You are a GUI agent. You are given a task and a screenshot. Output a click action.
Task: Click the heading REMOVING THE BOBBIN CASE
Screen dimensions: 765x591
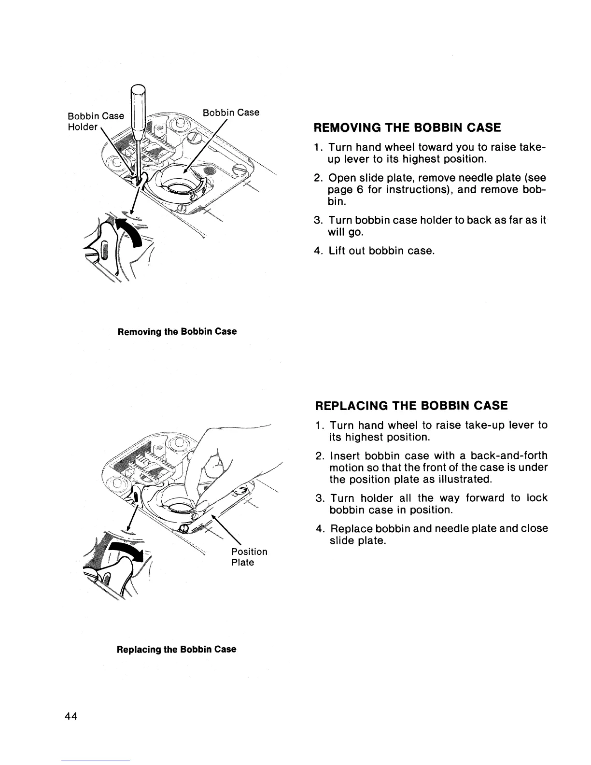pos(407,128)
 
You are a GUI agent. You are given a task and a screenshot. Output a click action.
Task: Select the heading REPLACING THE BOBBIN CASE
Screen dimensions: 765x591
pos(411,405)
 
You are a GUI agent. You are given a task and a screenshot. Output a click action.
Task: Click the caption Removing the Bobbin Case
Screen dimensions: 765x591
pos(177,332)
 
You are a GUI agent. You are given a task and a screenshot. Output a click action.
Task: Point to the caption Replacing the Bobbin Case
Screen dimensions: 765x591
pos(177,649)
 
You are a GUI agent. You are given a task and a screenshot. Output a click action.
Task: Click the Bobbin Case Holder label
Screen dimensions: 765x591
pos(96,122)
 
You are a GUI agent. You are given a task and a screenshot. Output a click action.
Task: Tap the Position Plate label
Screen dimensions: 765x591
pos(249,557)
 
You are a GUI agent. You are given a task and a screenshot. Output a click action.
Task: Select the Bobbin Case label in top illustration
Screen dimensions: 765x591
pos(231,113)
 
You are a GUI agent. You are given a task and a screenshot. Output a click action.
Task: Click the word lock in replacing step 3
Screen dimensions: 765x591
pos(537,498)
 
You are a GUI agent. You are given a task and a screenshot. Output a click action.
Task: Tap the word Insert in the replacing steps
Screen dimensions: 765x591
pos(344,455)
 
